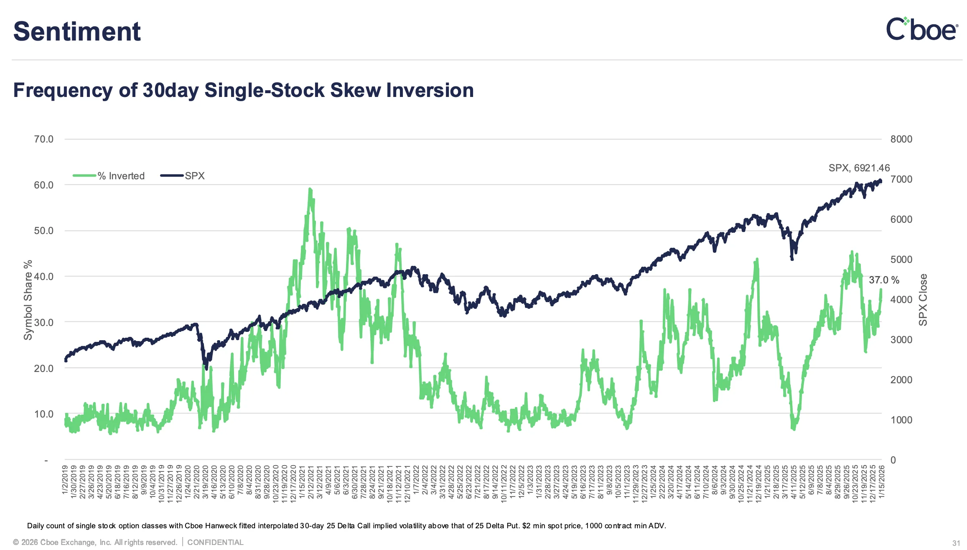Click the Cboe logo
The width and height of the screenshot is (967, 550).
pyautogui.click(x=921, y=29)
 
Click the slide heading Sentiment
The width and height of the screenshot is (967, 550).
pyautogui.click(x=77, y=31)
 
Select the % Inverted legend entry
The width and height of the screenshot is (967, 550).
pyautogui.click(x=109, y=176)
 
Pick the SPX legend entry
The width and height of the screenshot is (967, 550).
pyautogui.click(x=183, y=176)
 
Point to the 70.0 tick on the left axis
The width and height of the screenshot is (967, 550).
pyautogui.click(x=43, y=139)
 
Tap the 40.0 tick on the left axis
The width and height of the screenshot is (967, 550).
pyautogui.click(x=43, y=277)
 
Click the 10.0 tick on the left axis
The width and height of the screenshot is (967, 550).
pyautogui.click(x=43, y=414)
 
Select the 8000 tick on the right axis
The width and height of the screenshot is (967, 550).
pyautogui.click(x=901, y=139)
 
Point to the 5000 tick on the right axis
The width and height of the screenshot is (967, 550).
pyautogui.click(x=901, y=260)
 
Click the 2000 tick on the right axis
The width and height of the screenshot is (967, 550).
pyautogui.click(x=901, y=380)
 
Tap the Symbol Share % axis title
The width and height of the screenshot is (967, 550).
pyautogui.click(x=28, y=300)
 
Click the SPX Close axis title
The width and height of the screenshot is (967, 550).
pyautogui.click(x=923, y=300)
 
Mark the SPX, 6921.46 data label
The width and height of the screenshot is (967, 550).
pyautogui.click(x=859, y=168)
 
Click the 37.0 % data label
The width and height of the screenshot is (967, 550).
pyautogui.click(x=884, y=280)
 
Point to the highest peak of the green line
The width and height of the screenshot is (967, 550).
pyautogui.click(x=310, y=189)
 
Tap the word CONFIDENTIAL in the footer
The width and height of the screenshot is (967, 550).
pyautogui.click(x=215, y=542)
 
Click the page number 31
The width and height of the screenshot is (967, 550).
pyautogui.click(x=956, y=543)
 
